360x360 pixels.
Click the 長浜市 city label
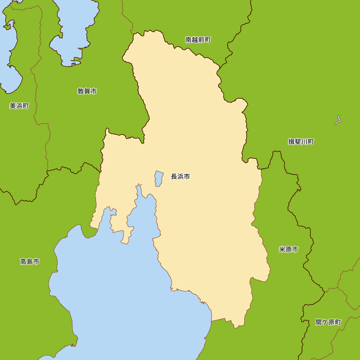pyautogui.click(x=180, y=177)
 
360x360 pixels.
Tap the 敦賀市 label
pyautogui.click(x=87, y=91)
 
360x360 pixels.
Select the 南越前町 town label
pyautogui.click(x=198, y=40)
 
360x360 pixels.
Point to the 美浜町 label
pyautogui.click(x=19, y=106)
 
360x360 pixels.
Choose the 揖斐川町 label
pyautogui.click(x=301, y=142)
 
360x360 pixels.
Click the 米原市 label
pyautogui.click(x=288, y=249)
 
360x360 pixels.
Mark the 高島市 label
pyautogui.click(x=30, y=262)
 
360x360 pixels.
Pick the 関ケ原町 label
pyautogui.click(x=328, y=322)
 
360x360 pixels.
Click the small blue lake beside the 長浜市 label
pyautogui.click(x=159, y=179)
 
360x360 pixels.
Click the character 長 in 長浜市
pyautogui.click(x=174, y=177)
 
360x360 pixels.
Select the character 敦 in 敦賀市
pyautogui.click(x=81, y=91)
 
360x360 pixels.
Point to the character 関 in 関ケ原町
pyautogui.click(x=319, y=322)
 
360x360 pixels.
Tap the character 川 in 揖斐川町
pyautogui.click(x=304, y=142)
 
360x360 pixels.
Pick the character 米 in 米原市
pyautogui.click(x=282, y=249)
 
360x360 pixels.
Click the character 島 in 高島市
pyautogui.click(x=30, y=262)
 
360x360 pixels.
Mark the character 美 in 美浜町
pyautogui.click(x=13, y=106)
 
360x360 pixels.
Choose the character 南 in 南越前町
pyautogui.click(x=189, y=40)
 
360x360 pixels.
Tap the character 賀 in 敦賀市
pyautogui.click(x=87, y=91)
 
